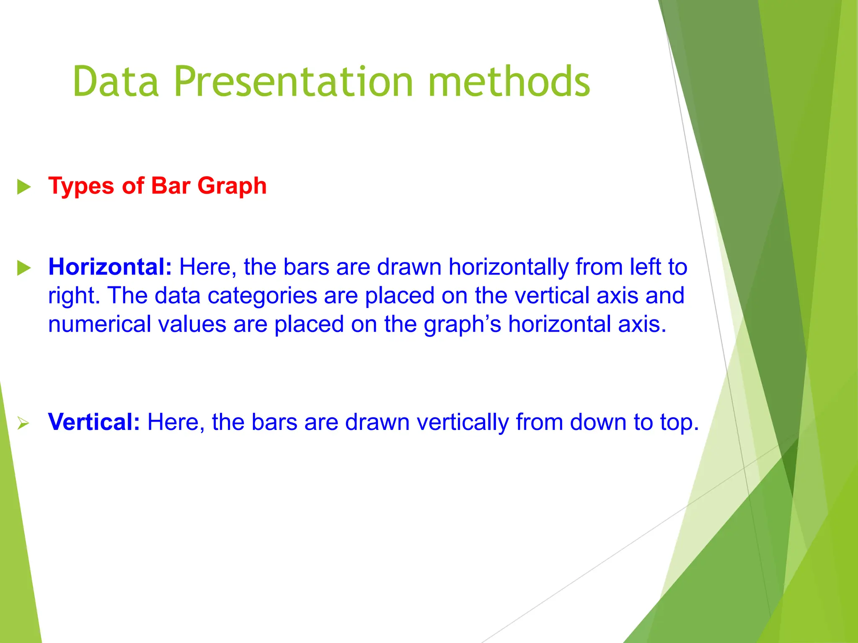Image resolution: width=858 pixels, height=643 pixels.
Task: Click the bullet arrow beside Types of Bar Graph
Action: (x=24, y=187)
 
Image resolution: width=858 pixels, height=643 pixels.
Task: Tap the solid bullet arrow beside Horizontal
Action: (x=24, y=268)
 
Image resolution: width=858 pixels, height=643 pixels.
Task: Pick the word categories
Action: (x=262, y=296)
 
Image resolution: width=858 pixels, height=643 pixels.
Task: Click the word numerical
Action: (x=99, y=324)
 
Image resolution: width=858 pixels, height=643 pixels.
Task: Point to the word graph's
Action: (x=462, y=325)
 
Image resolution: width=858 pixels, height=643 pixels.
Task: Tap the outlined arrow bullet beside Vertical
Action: (x=23, y=423)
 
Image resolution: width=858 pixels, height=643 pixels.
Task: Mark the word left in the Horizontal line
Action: (x=645, y=267)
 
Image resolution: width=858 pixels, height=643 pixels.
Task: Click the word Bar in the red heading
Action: (x=171, y=186)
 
